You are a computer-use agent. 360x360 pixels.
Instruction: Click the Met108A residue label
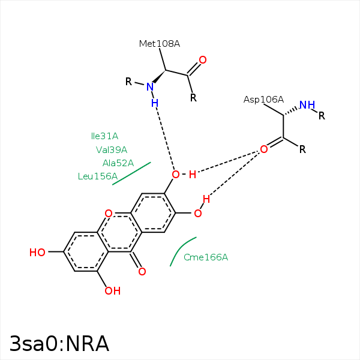[x=159, y=44]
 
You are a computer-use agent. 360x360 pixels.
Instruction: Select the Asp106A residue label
[x=263, y=100]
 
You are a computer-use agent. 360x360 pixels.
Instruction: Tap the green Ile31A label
[x=104, y=136]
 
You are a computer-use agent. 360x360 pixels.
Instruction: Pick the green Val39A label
[x=111, y=150]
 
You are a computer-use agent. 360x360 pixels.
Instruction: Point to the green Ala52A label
[x=118, y=163]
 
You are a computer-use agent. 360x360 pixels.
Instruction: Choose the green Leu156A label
[x=97, y=176]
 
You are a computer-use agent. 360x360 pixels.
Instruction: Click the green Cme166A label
[x=206, y=257]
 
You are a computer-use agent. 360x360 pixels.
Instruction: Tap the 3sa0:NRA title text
[x=59, y=344]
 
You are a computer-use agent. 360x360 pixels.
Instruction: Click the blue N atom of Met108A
[x=150, y=87]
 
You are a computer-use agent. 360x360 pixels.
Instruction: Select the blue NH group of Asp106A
[x=307, y=106]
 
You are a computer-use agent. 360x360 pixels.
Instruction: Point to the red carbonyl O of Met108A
[x=203, y=60]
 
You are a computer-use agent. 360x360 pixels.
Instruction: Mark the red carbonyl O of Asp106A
[x=263, y=149]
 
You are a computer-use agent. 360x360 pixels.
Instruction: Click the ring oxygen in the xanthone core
[x=108, y=214]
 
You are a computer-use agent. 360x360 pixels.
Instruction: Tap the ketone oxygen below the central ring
[x=142, y=272]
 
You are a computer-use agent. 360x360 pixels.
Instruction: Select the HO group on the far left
[x=37, y=253]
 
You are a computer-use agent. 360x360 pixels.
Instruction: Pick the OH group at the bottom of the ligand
[x=112, y=291]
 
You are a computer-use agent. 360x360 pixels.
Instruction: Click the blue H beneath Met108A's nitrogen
[x=154, y=103]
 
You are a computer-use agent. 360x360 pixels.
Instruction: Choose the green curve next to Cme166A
[x=181, y=249]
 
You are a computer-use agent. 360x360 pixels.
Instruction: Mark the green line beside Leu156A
[x=131, y=173]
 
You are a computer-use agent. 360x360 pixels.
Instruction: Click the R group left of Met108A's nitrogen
[x=128, y=82]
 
